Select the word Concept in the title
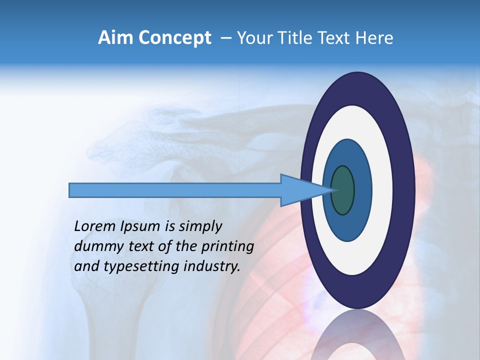(x=175, y=37)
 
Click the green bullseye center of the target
(x=342, y=190)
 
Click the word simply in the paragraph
(x=200, y=226)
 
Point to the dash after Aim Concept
(x=226, y=38)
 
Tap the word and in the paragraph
(x=86, y=266)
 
